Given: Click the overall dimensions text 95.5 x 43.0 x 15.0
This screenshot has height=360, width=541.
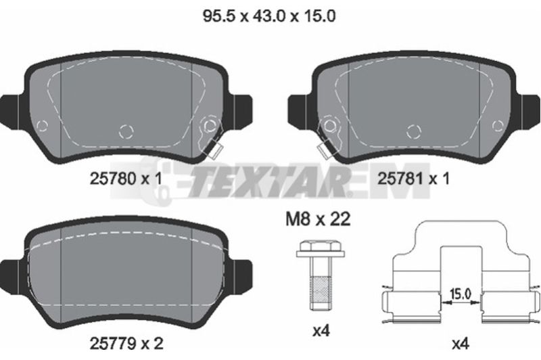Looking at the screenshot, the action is click(269, 16).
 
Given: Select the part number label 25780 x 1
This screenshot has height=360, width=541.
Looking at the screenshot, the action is click(126, 179).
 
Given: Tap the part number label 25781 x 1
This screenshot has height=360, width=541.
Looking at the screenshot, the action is click(414, 179).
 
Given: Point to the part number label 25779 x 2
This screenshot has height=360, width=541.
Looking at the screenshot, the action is click(126, 343).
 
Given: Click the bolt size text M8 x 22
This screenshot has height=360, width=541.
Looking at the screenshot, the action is click(318, 219).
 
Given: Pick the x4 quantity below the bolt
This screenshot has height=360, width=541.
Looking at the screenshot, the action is click(321, 332).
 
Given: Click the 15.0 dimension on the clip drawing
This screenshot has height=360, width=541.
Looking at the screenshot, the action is click(461, 294).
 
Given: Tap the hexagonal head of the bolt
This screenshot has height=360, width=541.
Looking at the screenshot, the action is click(321, 249).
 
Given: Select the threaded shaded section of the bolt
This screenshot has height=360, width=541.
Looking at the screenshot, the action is click(321, 289).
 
